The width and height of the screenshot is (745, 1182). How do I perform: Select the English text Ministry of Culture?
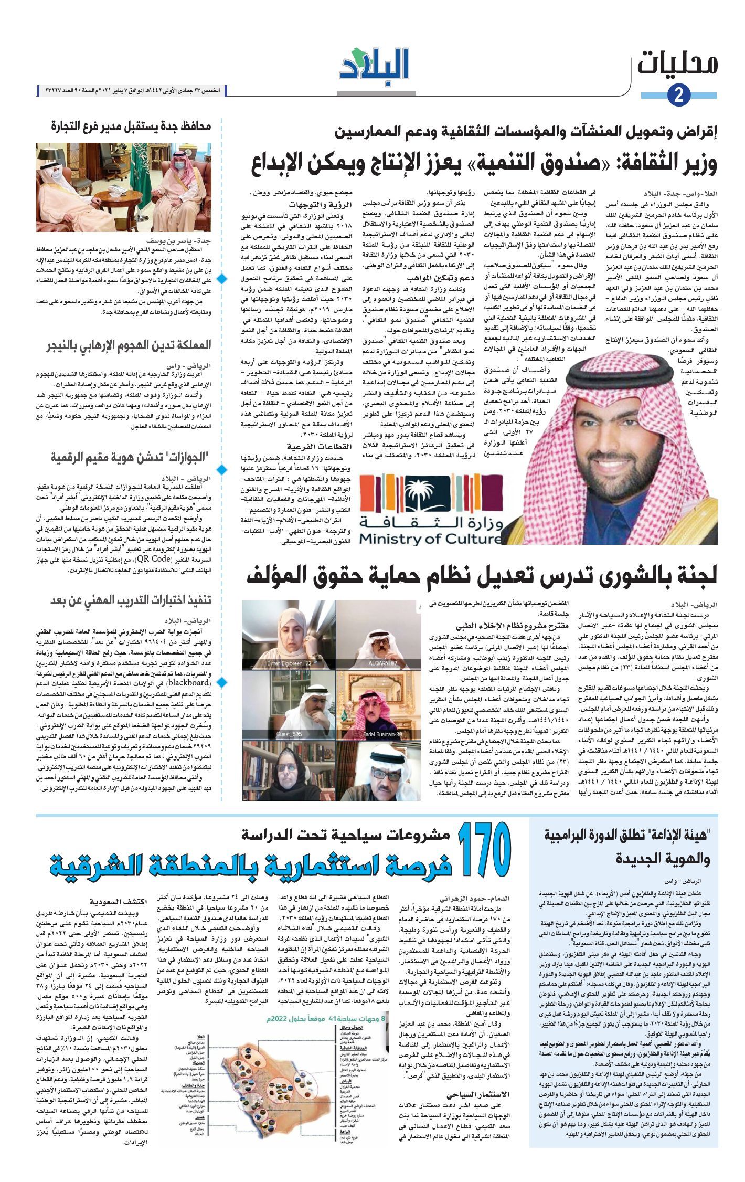point(430,539)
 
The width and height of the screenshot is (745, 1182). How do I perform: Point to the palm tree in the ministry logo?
point(430,489)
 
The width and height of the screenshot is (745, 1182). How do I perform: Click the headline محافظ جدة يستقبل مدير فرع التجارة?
point(131,126)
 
